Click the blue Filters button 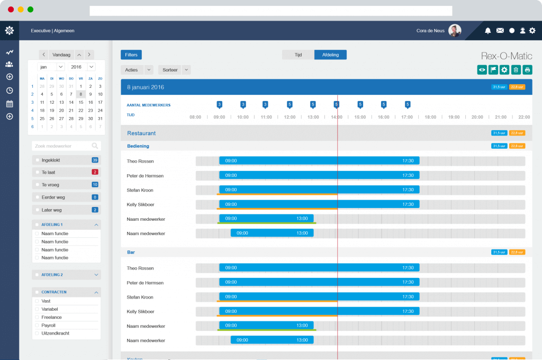[131, 55]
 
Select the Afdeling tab [330, 55]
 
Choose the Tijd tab [298, 55]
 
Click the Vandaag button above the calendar [61, 55]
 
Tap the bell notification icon [488, 31]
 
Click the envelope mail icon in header [500, 31]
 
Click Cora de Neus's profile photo [455, 31]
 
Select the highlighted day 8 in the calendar [80, 94]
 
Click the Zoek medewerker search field [61, 146]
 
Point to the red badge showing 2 [95, 172]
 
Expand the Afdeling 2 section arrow [96, 275]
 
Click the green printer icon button [527, 69]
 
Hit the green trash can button [516, 69]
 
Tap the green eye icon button [482, 69]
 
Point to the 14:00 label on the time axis [337, 117]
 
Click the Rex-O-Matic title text [507, 56]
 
